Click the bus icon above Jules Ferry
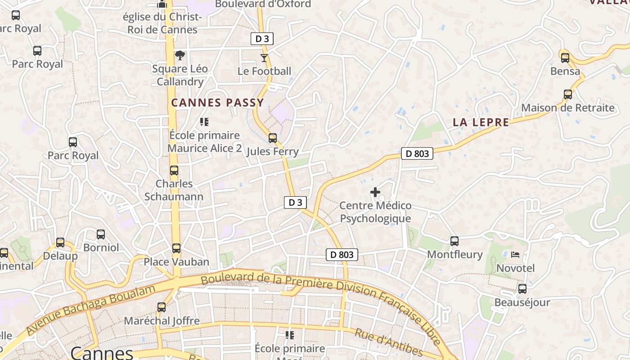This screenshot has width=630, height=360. pos(273,138)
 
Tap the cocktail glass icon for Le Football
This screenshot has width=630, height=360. pos(264,58)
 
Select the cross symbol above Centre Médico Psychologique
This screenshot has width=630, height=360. pos(375,192)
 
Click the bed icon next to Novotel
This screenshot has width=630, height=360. pos(515,255)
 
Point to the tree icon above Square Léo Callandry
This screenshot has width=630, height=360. pos(180,55)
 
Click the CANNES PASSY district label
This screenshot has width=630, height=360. pos(217,103)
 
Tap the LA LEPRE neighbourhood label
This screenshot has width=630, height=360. pos(481,122)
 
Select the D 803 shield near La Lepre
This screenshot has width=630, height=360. pos(417,153)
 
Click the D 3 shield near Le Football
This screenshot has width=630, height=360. pos(262,39)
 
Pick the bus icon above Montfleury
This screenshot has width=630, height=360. pos(454,241)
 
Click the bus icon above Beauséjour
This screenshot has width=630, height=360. pos(522,289)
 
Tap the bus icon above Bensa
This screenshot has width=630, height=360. pos(565,58)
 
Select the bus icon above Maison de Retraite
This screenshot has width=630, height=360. pos(568,94)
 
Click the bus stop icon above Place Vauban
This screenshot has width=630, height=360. pos(176,248)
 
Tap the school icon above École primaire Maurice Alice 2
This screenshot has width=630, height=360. pos(204,122)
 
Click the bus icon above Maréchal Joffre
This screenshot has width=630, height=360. pos(162,307)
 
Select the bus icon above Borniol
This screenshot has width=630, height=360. pos(101,234)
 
